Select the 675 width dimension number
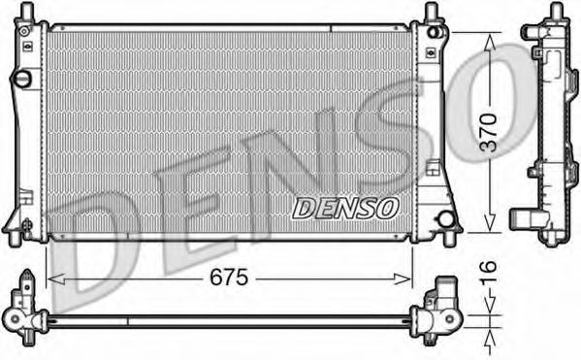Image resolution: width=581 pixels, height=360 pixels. pyautogui.click(x=230, y=278)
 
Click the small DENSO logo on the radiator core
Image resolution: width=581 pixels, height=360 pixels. pyautogui.click(x=345, y=207)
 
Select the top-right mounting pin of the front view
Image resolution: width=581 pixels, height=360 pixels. pyautogui.click(x=430, y=13)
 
